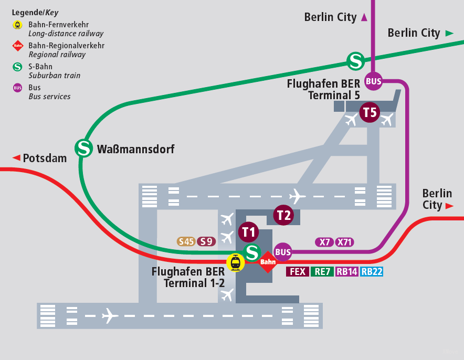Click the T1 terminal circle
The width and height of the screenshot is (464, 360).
click(x=249, y=231)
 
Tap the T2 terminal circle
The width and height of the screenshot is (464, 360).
click(x=283, y=215)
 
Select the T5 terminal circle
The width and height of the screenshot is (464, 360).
click(x=370, y=112)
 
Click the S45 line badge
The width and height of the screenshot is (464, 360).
click(x=186, y=242)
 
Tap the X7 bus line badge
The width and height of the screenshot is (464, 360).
click(x=324, y=242)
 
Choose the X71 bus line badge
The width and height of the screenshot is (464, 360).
click(x=344, y=242)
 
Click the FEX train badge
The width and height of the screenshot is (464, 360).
click(x=297, y=271)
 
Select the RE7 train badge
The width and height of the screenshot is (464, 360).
click(x=321, y=271)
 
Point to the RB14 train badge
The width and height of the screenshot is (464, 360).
click(x=346, y=271)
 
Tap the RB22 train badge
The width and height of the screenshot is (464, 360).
click(x=372, y=271)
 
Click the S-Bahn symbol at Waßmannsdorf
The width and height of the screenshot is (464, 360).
click(x=83, y=147)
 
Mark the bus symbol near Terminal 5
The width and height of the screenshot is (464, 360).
click(x=374, y=81)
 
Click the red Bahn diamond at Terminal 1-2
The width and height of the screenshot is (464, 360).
click(x=268, y=261)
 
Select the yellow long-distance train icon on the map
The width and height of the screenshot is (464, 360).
click(x=235, y=262)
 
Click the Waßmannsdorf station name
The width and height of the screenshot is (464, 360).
click(x=135, y=150)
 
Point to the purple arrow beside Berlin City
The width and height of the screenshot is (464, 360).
click(x=364, y=17)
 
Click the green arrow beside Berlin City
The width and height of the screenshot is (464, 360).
click(x=449, y=33)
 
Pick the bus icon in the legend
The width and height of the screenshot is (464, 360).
click(x=18, y=88)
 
